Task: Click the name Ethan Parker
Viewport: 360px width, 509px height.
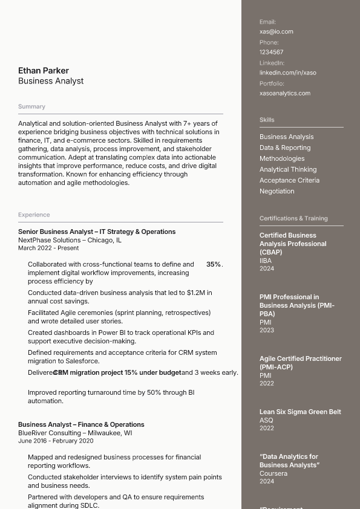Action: coord(44,71)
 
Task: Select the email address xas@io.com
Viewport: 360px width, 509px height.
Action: coord(276,31)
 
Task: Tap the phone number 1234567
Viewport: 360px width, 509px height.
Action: coord(271,52)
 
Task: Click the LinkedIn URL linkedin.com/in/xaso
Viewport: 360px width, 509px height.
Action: coord(287,73)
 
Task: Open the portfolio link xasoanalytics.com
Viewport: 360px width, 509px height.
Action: coord(284,93)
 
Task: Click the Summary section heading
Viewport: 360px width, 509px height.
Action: coord(31,106)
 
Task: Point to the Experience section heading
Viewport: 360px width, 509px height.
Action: coord(34,215)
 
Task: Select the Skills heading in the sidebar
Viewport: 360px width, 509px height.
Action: coord(267,120)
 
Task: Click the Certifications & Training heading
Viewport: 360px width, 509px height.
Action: coord(293,218)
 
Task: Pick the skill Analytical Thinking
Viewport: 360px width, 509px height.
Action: coord(287,169)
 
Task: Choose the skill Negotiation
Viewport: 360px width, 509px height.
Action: coord(277,191)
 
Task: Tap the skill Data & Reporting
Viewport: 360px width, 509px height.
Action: coord(284,148)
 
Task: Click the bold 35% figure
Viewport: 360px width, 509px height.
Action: coord(213,264)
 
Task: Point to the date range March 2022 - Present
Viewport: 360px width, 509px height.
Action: coord(48,248)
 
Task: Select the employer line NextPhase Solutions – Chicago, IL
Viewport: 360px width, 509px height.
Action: coord(70,240)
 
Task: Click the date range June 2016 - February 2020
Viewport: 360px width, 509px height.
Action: coord(56,441)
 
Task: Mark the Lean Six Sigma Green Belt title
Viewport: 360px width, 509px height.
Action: coord(300,412)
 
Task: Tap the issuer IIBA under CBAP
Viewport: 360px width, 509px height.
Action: coord(266,261)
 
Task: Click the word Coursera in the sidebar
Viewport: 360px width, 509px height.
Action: coord(273,473)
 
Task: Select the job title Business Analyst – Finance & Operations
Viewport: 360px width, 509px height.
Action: coord(81,424)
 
